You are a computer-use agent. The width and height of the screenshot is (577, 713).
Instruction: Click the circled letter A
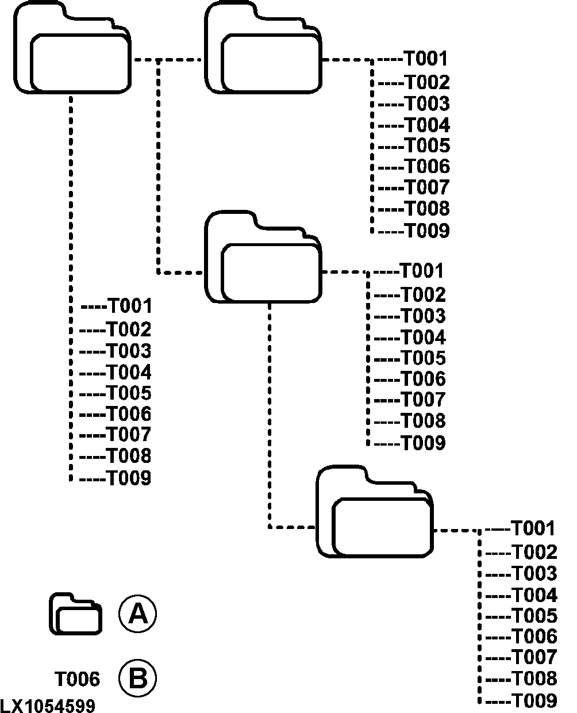[x=137, y=614]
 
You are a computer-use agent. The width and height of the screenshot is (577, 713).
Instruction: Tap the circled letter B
[x=137, y=678]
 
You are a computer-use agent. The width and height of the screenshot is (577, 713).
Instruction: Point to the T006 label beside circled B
[x=77, y=679]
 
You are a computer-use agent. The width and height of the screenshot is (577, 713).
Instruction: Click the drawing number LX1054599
[x=48, y=706]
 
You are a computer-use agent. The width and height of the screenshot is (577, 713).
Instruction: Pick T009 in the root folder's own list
[x=129, y=478]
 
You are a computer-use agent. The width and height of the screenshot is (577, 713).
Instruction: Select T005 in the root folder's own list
[x=129, y=393]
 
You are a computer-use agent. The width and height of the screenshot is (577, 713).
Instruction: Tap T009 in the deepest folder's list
[x=534, y=700]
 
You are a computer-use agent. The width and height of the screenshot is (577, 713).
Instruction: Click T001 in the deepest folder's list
[x=533, y=528]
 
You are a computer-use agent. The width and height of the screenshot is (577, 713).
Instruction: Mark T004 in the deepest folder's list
[x=534, y=595]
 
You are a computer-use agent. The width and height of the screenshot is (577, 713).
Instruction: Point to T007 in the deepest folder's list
[x=534, y=657]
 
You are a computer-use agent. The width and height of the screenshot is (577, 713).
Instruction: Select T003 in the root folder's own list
[x=129, y=351]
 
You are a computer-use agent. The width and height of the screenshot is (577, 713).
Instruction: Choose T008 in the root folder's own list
[x=129, y=457]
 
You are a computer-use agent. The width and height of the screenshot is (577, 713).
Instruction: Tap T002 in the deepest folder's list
[x=534, y=552]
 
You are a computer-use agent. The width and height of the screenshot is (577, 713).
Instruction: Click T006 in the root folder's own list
[x=129, y=414]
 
